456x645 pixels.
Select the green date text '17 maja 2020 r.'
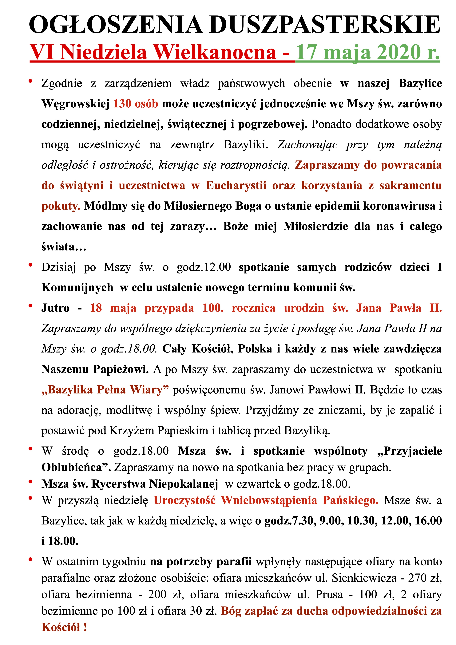tap(367, 53)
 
